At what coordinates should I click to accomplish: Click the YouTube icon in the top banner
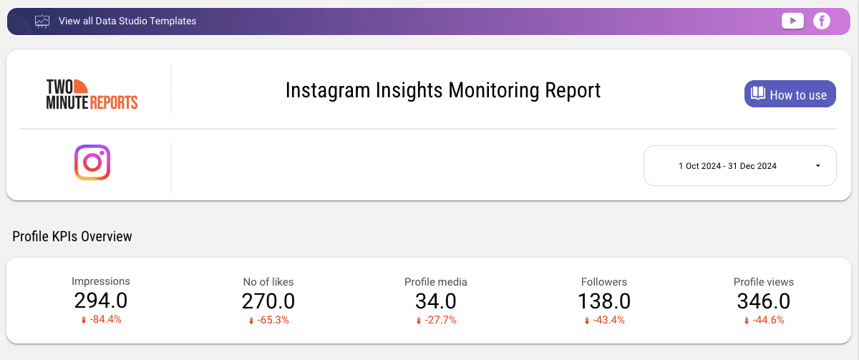coord(792,21)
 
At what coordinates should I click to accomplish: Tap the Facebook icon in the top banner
coord(822,21)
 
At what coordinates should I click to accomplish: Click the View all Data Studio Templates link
coord(127,21)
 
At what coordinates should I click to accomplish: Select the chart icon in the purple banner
coord(42,21)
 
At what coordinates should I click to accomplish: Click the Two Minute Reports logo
coord(92,94)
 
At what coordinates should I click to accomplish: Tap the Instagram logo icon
coord(92,162)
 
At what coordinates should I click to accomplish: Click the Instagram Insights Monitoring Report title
coord(443,90)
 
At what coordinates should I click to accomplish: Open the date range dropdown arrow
coord(817,166)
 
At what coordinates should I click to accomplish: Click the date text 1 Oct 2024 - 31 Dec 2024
coord(727,166)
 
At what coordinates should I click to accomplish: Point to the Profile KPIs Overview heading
coord(72,236)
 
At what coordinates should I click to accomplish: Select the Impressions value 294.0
coord(101,301)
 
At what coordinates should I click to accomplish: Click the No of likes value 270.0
coord(268,301)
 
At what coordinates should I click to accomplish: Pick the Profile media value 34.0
coord(435,301)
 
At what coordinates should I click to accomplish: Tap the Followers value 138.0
coord(604,301)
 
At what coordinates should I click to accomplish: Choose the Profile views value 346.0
coord(764,301)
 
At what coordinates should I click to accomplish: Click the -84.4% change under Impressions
coord(105,319)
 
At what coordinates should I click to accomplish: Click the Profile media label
coord(435,282)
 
